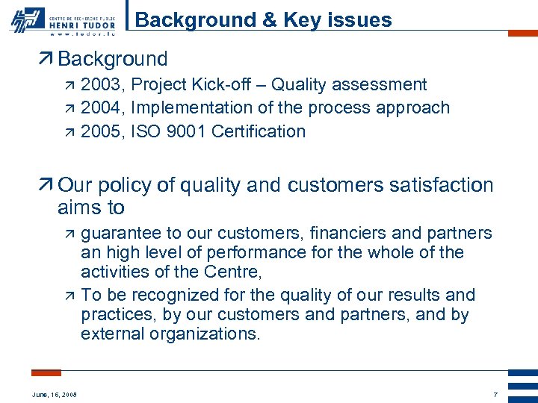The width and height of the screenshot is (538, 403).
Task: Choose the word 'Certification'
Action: point(259,131)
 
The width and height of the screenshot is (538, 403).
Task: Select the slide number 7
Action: point(495,394)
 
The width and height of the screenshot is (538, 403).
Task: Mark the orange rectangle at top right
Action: point(522,34)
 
